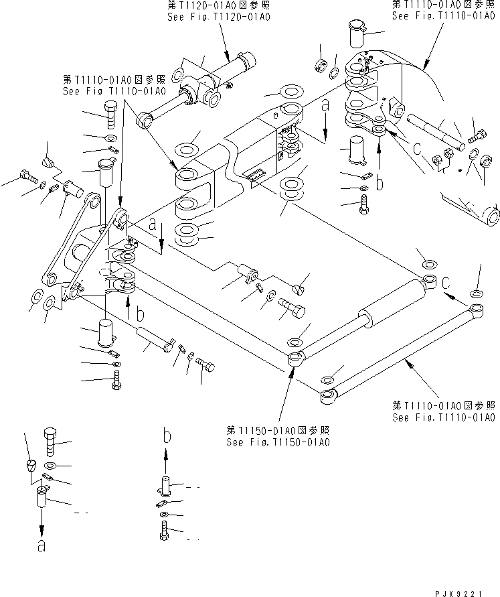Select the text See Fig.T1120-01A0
(219, 17)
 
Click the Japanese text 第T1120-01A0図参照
(219, 7)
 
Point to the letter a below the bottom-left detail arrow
(41, 546)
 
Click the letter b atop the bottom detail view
(166, 437)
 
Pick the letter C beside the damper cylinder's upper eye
(446, 283)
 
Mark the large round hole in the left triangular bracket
(82, 255)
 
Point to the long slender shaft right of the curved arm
(436, 131)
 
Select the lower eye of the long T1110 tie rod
(329, 399)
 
